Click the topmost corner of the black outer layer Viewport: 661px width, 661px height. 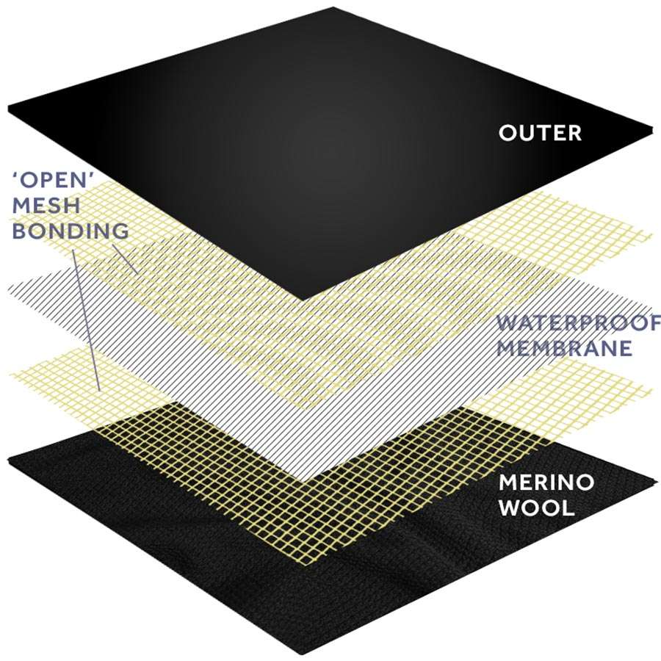tap(333, 7)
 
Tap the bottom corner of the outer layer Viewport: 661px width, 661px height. tap(304, 300)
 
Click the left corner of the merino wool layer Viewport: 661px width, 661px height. tap(8, 458)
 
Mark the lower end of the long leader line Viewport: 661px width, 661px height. tap(99, 390)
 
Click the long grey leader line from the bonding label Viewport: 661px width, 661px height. tap(87, 320)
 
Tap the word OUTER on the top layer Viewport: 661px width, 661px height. tap(540, 132)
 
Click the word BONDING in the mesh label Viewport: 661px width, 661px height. tap(71, 230)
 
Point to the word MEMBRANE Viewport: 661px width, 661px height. tap(565, 348)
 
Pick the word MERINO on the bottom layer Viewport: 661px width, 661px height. tap(546, 482)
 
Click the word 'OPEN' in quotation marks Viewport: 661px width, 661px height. tap(53, 180)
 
